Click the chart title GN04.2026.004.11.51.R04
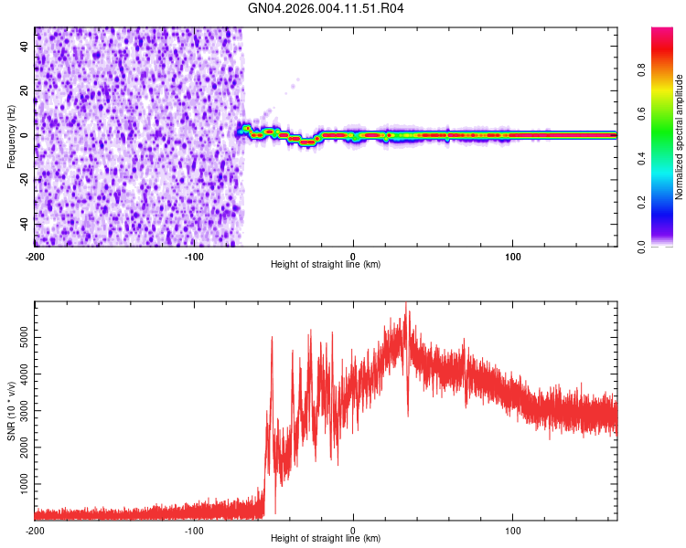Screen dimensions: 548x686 327,9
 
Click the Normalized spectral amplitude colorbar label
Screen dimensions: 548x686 680,137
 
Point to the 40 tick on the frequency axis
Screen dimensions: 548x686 24,46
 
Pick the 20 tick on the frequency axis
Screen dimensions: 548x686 24,90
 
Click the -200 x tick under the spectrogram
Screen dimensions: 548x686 35,256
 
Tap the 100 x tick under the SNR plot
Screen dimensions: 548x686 513,530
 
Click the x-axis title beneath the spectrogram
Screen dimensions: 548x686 327,265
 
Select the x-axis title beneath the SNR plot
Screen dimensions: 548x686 327,539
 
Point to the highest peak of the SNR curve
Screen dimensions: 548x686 406,304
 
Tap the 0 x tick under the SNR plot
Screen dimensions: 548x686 354,530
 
